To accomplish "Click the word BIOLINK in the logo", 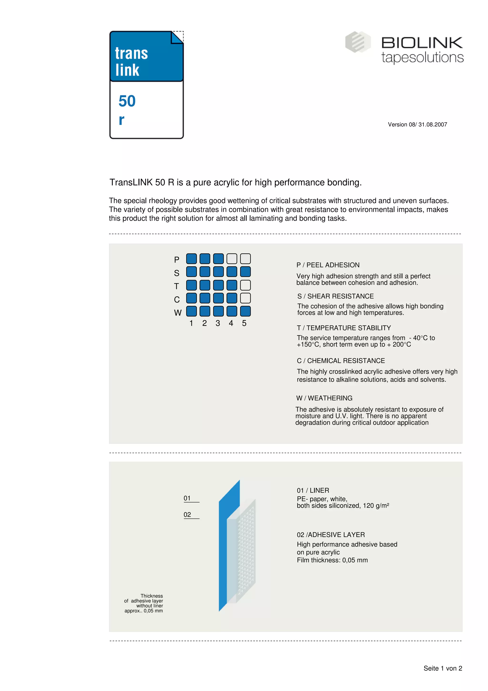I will (x=422, y=43).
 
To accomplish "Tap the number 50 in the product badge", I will (x=127, y=101).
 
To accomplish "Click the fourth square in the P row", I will (x=232, y=259).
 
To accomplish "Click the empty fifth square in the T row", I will (x=245, y=285).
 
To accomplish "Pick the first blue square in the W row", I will (x=191, y=311).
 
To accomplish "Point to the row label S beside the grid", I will (x=177, y=273).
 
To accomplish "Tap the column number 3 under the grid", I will (x=218, y=323).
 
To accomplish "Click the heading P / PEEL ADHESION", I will (x=328, y=265).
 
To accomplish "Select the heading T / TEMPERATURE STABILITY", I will (x=344, y=328).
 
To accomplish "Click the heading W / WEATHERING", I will (x=324, y=398).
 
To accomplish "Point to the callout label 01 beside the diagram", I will (x=187, y=498).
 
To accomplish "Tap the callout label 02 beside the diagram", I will (x=187, y=515).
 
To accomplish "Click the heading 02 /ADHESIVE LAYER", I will (x=331, y=535).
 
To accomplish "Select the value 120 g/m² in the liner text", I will (x=376, y=505).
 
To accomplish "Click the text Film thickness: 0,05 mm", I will (x=332, y=560).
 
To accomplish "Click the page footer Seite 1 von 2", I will (x=442, y=668).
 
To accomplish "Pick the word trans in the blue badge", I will (x=131, y=54).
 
